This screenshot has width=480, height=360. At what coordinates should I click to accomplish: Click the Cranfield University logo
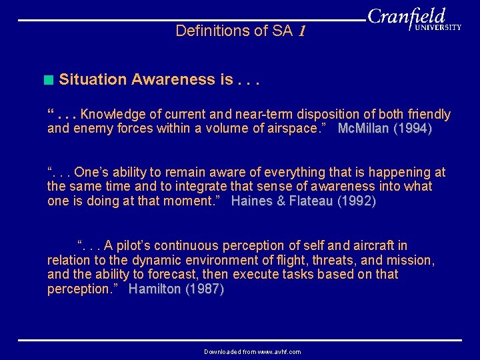[x=414, y=20]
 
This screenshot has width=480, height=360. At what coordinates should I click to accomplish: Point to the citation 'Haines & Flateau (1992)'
[x=303, y=201]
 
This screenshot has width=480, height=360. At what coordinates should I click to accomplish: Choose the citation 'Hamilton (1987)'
[x=176, y=289]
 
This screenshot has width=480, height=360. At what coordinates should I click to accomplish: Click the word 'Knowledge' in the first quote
[x=111, y=115]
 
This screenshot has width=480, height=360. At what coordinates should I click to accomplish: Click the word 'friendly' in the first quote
[x=427, y=115]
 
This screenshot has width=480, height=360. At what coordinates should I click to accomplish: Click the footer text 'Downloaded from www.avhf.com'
[x=252, y=351]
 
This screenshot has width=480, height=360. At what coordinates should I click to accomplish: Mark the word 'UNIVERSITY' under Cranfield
[x=438, y=28]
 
